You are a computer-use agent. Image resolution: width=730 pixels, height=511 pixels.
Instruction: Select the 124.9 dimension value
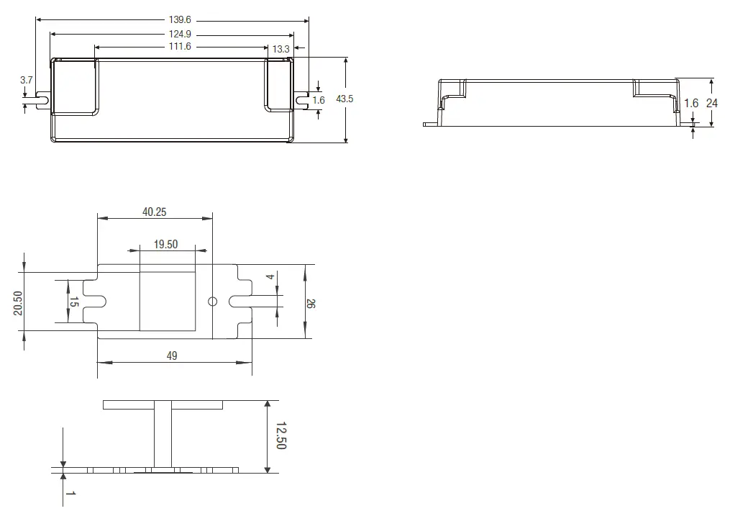[x=179, y=34]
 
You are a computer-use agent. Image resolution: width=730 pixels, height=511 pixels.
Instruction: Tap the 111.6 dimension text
[x=179, y=47]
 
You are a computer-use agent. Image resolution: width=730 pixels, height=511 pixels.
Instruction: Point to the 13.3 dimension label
[x=281, y=49]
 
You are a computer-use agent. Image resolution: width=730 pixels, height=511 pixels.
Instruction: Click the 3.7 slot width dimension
[x=27, y=80]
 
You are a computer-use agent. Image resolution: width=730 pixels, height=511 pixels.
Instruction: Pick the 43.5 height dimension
[x=345, y=99]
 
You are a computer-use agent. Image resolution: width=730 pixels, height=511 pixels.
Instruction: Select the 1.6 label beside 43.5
[x=319, y=100]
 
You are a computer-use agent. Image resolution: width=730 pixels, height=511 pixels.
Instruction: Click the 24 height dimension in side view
[x=711, y=103]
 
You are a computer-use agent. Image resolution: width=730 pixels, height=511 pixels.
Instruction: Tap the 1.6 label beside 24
[x=690, y=103]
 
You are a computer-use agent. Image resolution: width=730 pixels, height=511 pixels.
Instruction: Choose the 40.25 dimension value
[x=155, y=212]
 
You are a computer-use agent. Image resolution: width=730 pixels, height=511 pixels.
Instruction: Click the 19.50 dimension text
[x=165, y=245]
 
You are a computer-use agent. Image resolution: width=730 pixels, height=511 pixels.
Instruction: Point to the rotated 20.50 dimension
[x=18, y=302]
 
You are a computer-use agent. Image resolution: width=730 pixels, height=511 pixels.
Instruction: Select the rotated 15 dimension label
[x=73, y=302]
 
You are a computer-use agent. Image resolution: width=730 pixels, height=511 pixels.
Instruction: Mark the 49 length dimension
[x=172, y=356]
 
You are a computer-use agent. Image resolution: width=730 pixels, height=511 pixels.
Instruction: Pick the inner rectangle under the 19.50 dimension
[x=168, y=302]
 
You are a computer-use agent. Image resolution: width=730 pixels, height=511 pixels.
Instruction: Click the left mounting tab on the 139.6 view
[x=41, y=99]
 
